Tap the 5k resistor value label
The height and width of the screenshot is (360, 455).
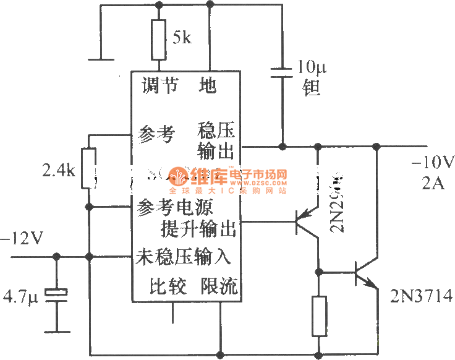pyautogui.click(x=182, y=38)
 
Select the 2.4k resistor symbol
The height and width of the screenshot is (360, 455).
pyautogui.click(x=89, y=168)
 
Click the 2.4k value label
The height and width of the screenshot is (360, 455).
pyautogui.click(x=59, y=168)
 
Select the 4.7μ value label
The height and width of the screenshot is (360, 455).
pyautogui.click(x=20, y=296)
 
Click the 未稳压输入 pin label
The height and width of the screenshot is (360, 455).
pyautogui.click(x=184, y=257)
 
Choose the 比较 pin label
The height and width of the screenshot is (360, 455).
pyautogui.click(x=168, y=286)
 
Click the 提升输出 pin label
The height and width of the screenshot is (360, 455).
pyautogui.click(x=198, y=229)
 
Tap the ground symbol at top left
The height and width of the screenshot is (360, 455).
pyautogui.click(x=101, y=60)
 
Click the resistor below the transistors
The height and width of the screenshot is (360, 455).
pyautogui.click(x=319, y=315)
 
